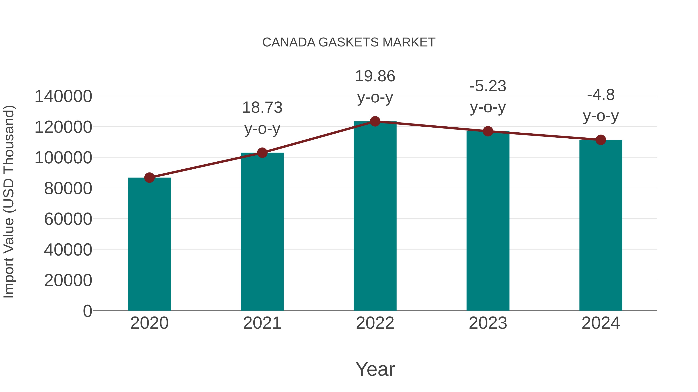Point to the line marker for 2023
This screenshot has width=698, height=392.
pos(488,131)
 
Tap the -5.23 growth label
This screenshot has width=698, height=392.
pos(488,86)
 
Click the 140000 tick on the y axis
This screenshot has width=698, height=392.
pos(63,97)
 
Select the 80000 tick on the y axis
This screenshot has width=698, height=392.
pos(68,189)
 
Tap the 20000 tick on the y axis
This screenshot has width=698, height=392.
pos(68,280)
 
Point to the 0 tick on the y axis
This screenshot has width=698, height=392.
pos(87,311)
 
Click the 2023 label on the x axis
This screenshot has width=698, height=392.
pos(488,323)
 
